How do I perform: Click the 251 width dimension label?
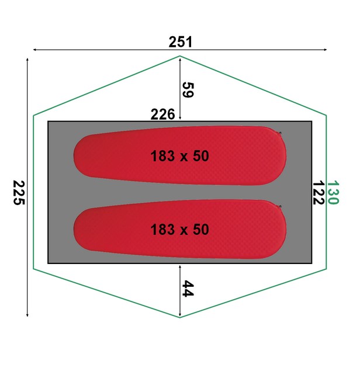180,42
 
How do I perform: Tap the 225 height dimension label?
19,192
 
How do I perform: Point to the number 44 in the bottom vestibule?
188,289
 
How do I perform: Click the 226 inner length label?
163,115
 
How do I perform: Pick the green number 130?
333,192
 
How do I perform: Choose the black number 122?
319,192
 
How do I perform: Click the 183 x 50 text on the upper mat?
179,157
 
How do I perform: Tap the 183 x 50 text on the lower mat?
179,230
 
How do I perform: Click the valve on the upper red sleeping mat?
280,133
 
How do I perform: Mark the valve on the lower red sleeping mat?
280,206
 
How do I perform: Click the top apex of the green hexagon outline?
179,56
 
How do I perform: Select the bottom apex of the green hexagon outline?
179,317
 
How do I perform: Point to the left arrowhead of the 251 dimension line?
35,50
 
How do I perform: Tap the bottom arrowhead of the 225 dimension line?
27,315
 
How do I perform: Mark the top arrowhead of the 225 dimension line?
27,59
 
